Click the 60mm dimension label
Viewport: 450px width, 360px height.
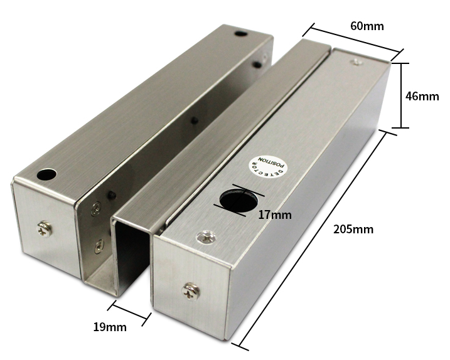point(367,26)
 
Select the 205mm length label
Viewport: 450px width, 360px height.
point(353,230)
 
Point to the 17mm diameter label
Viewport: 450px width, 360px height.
point(275,214)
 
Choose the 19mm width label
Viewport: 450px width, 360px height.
point(110,327)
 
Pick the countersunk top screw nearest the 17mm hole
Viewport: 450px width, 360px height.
point(206,236)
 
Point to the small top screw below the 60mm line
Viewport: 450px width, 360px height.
point(356,61)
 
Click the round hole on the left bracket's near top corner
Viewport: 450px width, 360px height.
point(46,173)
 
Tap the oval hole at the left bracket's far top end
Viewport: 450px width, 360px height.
point(241,33)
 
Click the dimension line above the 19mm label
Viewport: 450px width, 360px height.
point(130,312)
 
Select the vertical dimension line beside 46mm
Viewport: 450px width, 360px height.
point(402,95)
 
